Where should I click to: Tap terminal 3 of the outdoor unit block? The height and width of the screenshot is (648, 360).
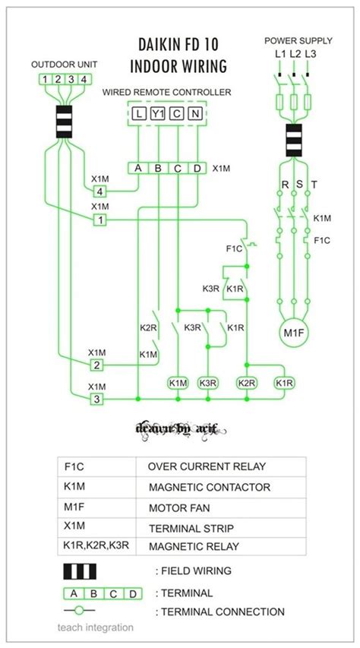coord(71,79)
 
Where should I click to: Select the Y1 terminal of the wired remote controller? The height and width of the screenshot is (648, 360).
coord(157,114)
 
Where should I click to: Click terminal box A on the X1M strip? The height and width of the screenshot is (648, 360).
coord(138,168)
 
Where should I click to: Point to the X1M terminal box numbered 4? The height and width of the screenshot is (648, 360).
coord(99,191)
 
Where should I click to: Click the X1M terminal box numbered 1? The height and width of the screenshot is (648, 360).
coord(99,220)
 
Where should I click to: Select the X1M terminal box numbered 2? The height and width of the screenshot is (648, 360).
coord(97,365)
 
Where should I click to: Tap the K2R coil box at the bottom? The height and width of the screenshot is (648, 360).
coord(247,383)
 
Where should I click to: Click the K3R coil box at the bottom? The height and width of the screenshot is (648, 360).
coord(207,383)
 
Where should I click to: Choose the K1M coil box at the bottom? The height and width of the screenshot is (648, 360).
coord(178,383)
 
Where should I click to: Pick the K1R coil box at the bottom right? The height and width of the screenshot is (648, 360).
coord(285,383)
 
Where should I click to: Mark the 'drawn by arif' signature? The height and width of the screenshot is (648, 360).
coord(180,430)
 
